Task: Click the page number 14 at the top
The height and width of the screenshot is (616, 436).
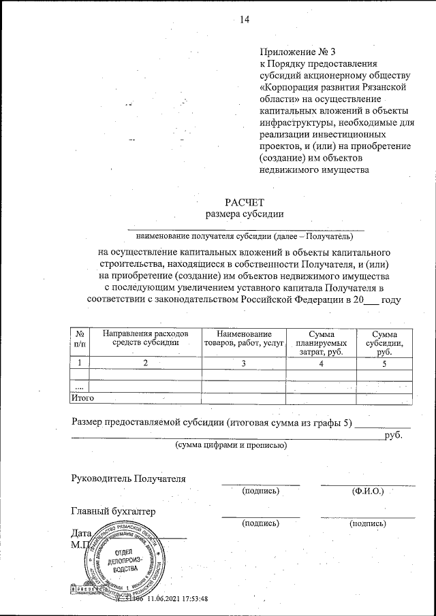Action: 245,20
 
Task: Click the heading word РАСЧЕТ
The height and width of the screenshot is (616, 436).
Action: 244,201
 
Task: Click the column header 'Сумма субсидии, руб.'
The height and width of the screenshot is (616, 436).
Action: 384,343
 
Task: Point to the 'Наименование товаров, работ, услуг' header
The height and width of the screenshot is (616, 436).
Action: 244,338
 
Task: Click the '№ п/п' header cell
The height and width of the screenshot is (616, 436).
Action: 80,338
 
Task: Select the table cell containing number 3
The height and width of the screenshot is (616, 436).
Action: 244,363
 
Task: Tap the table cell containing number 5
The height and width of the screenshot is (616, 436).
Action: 384,363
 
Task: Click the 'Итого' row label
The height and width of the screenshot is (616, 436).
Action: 82,397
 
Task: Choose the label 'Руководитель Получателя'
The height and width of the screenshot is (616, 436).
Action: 129,477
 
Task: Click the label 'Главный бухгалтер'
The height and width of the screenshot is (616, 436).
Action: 114,510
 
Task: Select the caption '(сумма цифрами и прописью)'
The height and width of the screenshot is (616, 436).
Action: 231,444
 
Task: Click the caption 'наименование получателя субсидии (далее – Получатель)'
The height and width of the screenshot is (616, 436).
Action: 245,237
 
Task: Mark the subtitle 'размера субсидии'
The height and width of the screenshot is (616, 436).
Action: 244,214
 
